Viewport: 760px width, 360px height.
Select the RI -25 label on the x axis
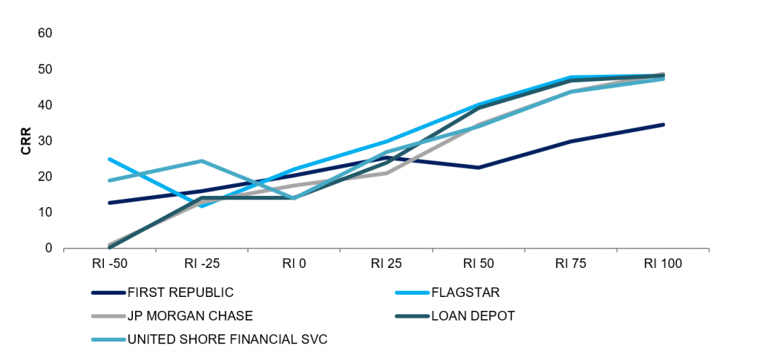click(x=201, y=263)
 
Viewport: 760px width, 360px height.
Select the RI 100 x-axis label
click(x=663, y=263)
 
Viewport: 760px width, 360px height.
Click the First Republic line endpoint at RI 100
click(x=663, y=125)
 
